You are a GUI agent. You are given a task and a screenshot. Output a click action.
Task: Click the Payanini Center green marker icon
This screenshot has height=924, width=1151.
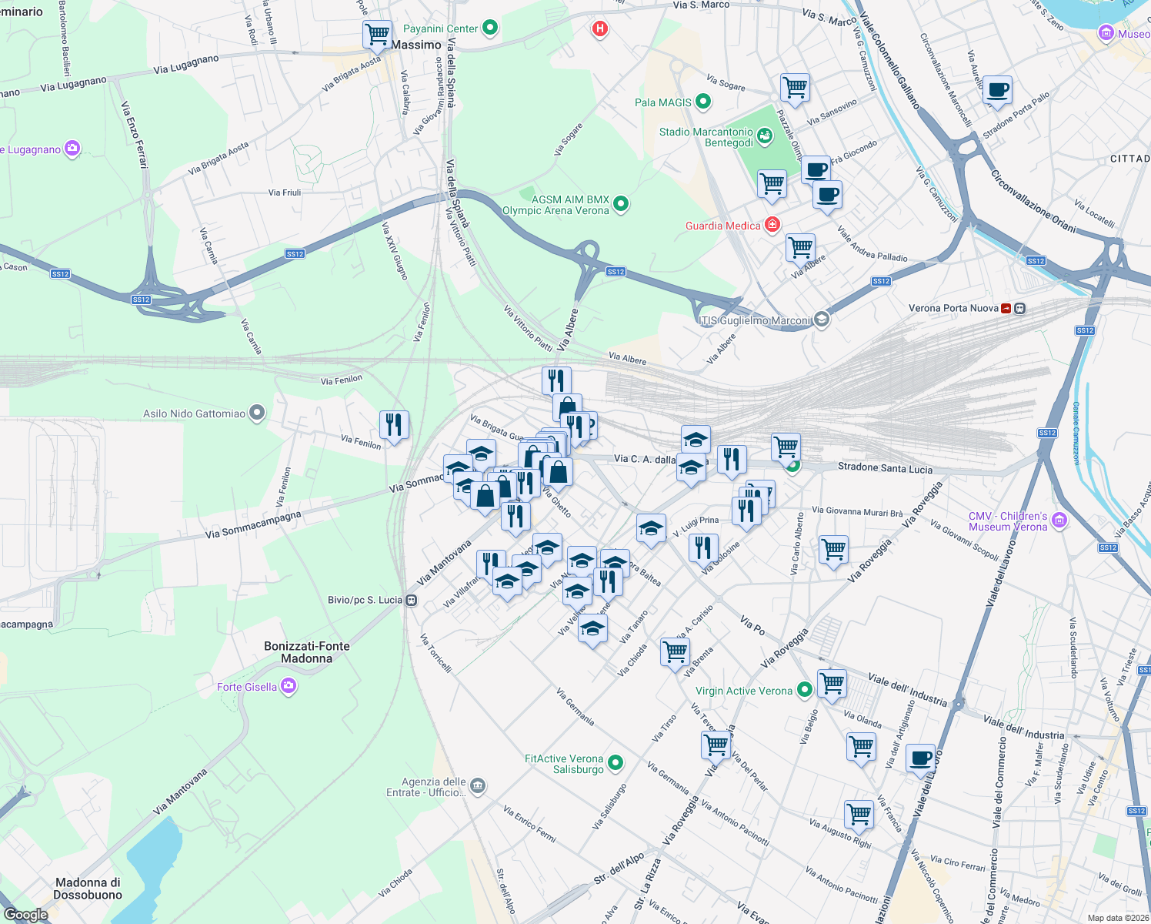[x=489, y=28]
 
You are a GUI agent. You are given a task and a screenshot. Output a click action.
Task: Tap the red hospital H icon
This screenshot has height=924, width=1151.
[x=599, y=29]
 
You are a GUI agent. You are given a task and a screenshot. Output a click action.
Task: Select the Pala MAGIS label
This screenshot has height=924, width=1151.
[x=662, y=102]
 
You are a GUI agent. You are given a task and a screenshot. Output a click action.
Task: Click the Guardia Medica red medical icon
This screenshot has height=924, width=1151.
[x=772, y=225]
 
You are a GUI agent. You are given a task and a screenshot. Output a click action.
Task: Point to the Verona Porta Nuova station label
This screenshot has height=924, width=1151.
[x=953, y=308]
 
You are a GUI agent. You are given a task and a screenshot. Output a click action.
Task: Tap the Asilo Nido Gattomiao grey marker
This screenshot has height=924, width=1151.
[x=257, y=413]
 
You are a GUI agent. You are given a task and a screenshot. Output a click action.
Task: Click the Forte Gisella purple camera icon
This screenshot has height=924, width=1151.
[x=289, y=686]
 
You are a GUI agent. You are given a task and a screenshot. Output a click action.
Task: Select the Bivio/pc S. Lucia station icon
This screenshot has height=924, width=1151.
[x=412, y=600]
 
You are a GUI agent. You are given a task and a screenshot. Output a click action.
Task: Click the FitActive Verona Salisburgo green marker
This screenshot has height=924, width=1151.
[x=615, y=763]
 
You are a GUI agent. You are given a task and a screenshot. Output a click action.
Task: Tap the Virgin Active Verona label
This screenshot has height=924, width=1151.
[x=743, y=691]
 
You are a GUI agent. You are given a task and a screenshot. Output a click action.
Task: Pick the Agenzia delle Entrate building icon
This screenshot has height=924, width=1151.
[x=478, y=786]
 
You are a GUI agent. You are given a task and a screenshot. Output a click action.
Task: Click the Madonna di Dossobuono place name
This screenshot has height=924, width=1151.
[x=88, y=889]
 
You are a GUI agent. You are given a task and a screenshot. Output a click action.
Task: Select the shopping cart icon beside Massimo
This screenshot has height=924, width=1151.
[x=377, y=34]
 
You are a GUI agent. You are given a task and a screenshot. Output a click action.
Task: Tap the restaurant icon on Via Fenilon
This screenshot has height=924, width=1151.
[x=393, y=424]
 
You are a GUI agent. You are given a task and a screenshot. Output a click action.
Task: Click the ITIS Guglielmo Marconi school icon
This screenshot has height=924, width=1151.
[x=822, y=320]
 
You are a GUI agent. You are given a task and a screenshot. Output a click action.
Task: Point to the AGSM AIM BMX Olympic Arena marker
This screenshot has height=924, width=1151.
[x=621, y=204]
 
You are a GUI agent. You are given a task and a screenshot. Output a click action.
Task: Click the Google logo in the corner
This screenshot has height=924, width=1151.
[x=26, y=915]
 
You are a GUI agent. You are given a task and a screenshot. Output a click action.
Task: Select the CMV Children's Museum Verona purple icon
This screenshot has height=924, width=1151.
[x=1059, y=521]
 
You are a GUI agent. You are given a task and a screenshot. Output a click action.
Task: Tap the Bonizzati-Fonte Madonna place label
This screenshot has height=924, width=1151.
[x=306, y=652]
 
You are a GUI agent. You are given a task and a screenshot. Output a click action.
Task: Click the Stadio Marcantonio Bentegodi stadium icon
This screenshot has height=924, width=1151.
[x=765, y=137]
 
